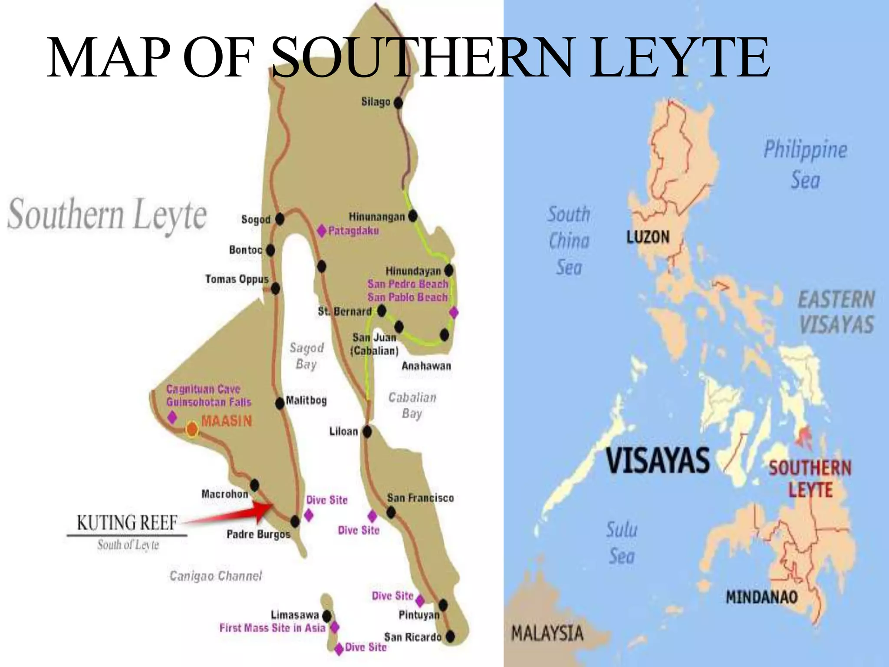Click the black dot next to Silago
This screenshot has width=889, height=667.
click(398, 103)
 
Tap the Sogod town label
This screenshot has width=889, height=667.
click(256, 220)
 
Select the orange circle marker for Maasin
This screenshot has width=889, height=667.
click(192, 429)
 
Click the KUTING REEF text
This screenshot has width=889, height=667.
click(127, 523)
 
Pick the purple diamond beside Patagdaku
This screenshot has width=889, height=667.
click(321, 231)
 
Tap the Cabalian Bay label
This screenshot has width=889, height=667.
click(412, 405)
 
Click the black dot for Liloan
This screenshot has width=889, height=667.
click(367, 432)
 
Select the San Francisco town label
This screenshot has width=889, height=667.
click(420, 498)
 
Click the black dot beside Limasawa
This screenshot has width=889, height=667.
click(326, 616)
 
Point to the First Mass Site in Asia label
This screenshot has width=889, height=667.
click(272, 628)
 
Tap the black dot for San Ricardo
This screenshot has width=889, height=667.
click(451, 637)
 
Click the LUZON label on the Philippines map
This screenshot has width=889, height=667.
click(648, 237)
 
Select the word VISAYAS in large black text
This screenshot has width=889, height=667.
click(658, 460)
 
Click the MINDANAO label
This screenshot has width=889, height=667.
click(762, 597)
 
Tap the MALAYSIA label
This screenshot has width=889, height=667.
click(547, 634)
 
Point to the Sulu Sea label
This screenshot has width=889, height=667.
click(622, 543)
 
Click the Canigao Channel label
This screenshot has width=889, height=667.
click(216, 576)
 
